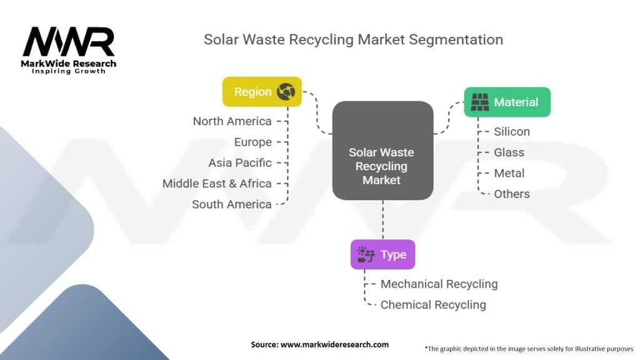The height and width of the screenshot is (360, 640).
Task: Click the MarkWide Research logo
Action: [69, 50]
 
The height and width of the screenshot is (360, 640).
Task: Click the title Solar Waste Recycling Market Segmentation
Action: [353, 39]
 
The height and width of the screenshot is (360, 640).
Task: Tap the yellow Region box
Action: [262, 92]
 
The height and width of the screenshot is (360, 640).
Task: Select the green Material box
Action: [507, 102]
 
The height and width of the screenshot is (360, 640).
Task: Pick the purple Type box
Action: [382, 254]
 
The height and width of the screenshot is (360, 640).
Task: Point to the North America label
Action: [232, 121]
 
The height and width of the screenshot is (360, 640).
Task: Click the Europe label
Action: [252, 142]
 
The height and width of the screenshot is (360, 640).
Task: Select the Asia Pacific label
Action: [240, 162]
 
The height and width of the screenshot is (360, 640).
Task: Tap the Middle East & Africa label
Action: [217, 183]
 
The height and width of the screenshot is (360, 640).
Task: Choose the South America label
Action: [231, 204]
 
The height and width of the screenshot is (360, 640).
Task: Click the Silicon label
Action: [512, 131]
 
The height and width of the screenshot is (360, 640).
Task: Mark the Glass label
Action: [509, 152]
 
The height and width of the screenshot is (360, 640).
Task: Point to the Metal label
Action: [509, 173]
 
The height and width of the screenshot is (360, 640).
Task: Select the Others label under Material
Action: [512, 194]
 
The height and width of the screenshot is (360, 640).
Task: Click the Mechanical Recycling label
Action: [439, 284]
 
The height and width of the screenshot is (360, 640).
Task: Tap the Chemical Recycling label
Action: [433, 304]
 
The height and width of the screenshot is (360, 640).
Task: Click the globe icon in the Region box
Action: [286, 92]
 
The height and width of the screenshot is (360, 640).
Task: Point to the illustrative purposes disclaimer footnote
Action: [529, 348]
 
